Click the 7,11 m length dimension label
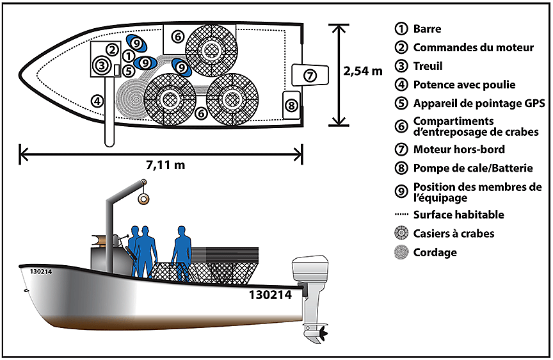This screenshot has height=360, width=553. (165, 165)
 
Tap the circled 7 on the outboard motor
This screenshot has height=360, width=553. (310, 75)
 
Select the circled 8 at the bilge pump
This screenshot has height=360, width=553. (291, 104)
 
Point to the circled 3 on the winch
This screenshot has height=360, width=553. (101, 64)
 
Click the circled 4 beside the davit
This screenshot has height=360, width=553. (97, 100)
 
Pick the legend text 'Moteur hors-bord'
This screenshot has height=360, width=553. (459, 149)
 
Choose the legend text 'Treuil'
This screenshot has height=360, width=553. (428, 66)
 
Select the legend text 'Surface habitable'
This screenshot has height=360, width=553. (458, 215)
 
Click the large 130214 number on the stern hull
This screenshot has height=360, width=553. (270, 295)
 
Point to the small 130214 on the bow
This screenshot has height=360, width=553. (40, 272)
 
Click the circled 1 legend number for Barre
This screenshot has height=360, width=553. (401, 29)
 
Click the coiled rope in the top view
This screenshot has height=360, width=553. (131, 97)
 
